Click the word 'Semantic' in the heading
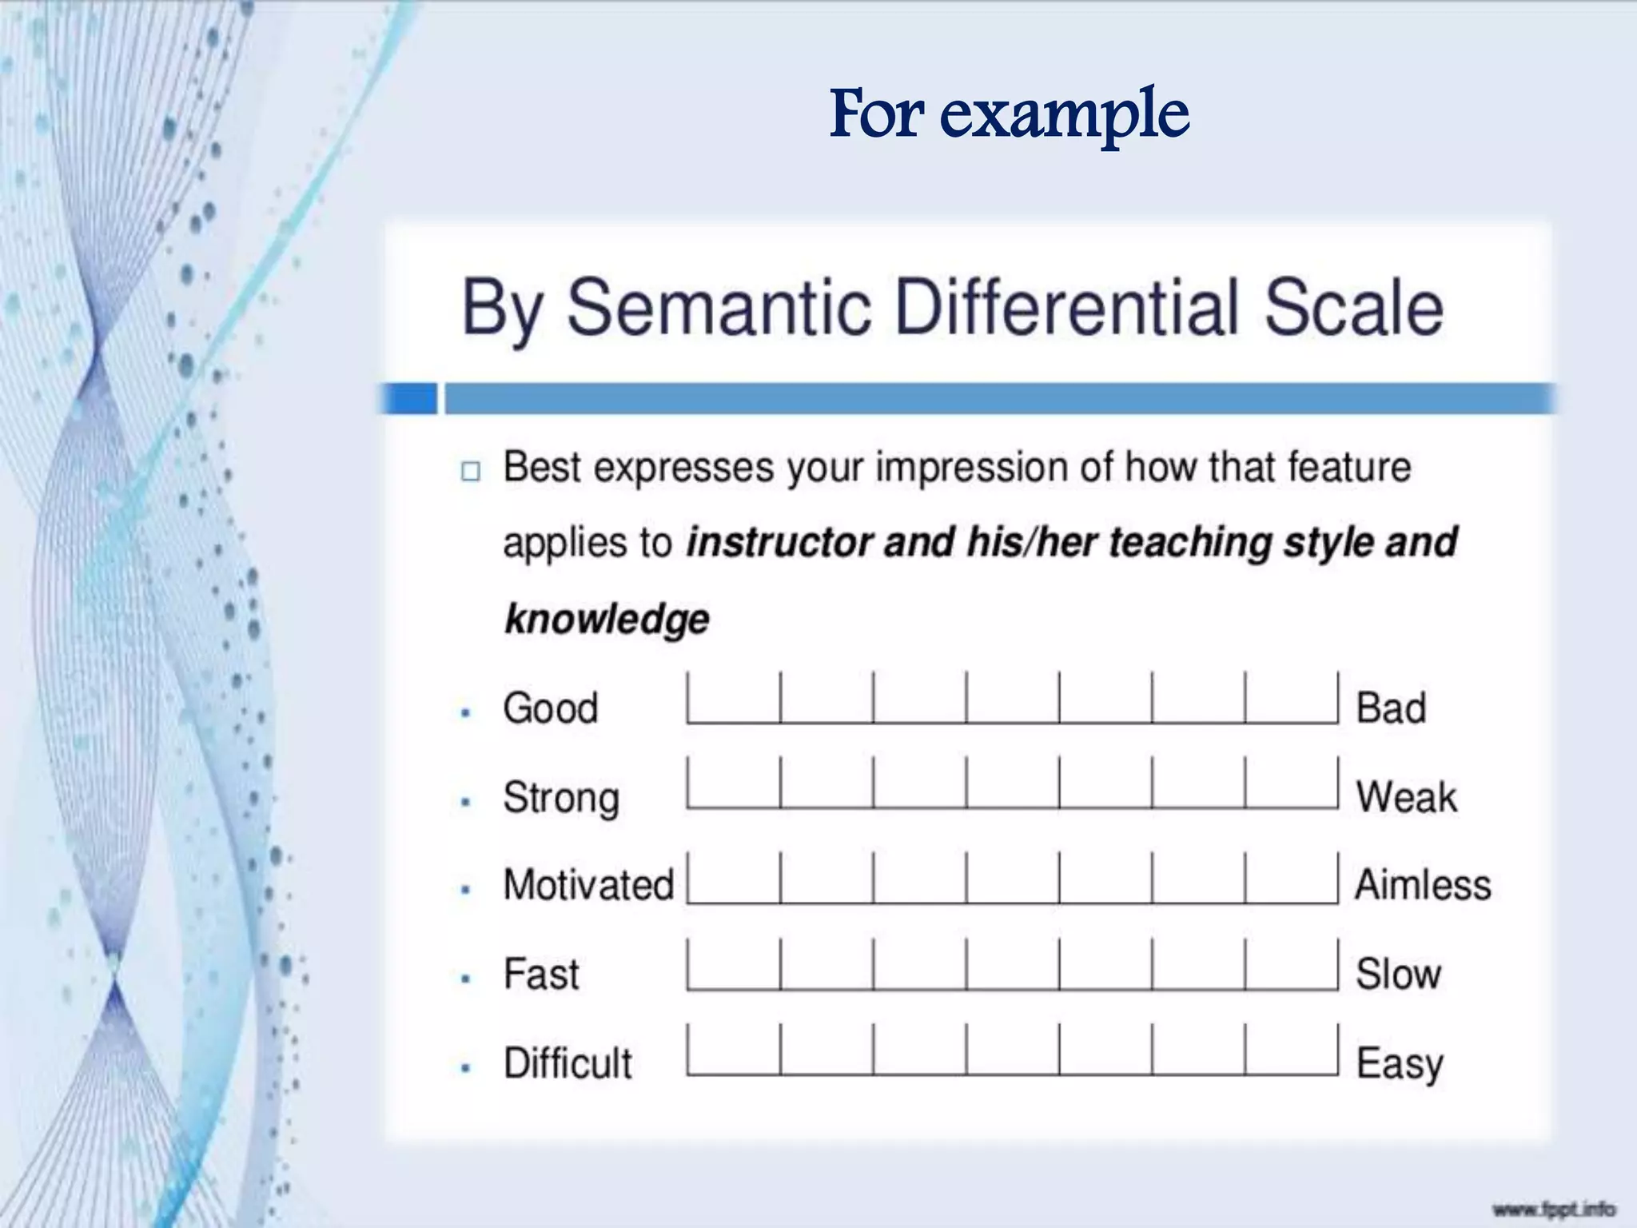pos(718,308)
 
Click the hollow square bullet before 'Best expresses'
pos(471,471)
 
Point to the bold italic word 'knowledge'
pos(607,619)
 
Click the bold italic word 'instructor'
pos(779,543)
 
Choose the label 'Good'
pos(551,708)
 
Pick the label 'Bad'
pos(1391,708)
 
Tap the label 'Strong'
pos(561,798)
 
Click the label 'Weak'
pos(1406,797)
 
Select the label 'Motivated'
pos(588,885)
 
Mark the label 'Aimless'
pos(1423,885)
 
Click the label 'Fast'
pos(541,975)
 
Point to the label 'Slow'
pos(1398,975)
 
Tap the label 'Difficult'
pos(568,1063)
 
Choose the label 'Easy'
pos(1400,1064)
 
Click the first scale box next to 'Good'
pos(734,700)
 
